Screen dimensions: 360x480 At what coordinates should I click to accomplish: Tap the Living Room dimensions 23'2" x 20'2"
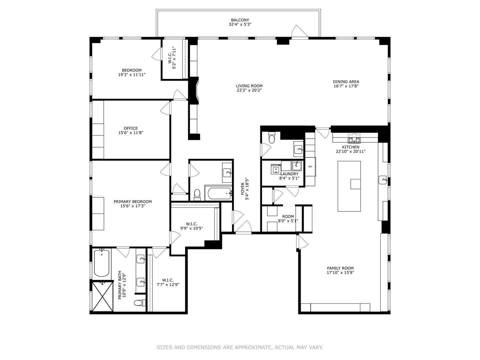point(249,90)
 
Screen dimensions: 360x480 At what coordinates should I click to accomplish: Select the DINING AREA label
point(346,82)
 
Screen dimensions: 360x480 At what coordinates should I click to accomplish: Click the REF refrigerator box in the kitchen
point(310,166)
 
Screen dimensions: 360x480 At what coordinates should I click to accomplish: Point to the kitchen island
point(349,186)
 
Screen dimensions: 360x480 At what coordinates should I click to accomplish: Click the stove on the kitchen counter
point(354,138)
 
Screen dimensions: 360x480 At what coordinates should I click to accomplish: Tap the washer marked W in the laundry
point(276,169)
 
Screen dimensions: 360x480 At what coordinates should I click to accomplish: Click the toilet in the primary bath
point(138,303)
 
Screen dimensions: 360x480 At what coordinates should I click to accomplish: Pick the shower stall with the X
point(102,296)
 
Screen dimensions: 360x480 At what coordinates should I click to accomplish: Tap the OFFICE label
point(131,128)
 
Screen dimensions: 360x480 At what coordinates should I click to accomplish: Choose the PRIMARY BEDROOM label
point(133,202)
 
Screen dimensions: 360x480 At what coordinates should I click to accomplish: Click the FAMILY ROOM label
point(340,268)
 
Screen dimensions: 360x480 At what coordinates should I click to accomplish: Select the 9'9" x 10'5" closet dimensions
point(192,228)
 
